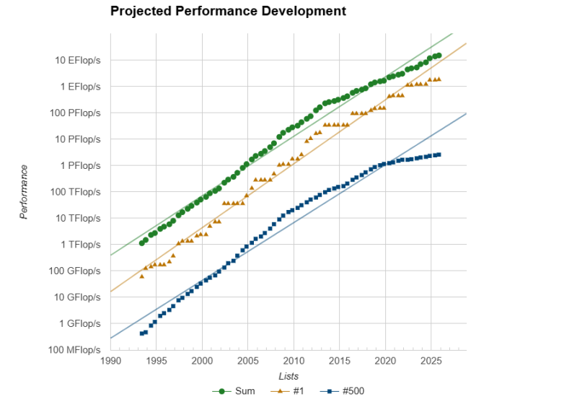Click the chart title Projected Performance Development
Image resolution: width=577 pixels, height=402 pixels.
[228, 12]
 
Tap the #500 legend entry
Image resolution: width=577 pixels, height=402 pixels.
[345, 391]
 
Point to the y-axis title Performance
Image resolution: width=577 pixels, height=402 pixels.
[24, 192]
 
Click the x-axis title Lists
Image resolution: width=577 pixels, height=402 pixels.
[288, 376]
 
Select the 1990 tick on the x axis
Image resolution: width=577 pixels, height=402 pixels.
[110, 360]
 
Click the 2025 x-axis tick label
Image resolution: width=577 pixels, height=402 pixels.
[431, 360]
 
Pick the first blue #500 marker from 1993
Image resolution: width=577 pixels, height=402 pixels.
[141, 333]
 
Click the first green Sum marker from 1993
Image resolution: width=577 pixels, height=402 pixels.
[141, 243]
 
